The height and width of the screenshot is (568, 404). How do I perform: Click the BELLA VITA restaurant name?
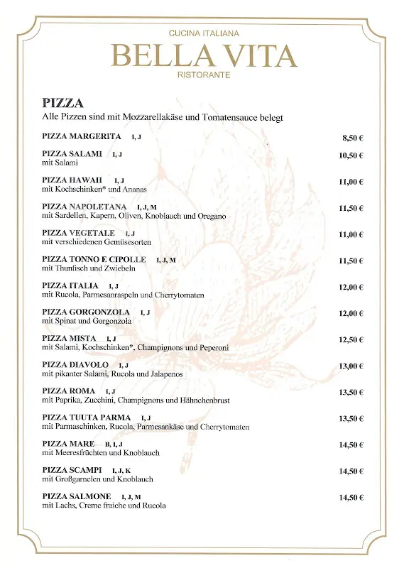pos(204,55)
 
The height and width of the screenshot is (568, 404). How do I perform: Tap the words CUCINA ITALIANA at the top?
pos(204,33)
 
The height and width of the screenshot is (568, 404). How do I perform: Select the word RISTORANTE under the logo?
pos(204,75)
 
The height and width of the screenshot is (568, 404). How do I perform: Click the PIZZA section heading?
pos(62,104)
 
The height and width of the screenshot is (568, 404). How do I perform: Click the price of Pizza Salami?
pos(351,155)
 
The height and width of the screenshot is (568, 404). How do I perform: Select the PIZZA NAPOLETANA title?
pos(84,207)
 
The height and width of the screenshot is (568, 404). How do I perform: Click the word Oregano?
pos(210,216)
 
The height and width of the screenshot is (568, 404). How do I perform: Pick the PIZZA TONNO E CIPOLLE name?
pos(94,260)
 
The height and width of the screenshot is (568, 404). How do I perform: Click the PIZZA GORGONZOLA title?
pos(86,312)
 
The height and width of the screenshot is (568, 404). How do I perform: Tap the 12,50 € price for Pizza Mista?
pos(351,339)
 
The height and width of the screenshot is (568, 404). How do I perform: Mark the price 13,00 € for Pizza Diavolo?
pos(351,366)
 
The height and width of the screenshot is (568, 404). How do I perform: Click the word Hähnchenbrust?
pos(205,400)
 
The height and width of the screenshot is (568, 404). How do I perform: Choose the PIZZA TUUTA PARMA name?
pos(86,417)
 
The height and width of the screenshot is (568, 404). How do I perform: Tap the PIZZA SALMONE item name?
pos(76,496)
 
